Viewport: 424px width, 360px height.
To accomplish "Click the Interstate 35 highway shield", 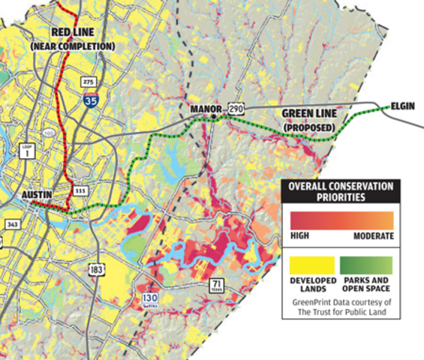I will (89, 100).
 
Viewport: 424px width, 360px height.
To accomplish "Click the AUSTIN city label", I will (36, 194).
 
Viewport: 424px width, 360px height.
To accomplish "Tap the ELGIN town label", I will (403, 106).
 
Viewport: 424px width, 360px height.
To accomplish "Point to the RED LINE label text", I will (72, 33).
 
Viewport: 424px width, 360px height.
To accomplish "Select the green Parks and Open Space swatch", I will (368, 263).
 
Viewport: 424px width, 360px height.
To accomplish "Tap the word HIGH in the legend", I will (300, 236).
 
